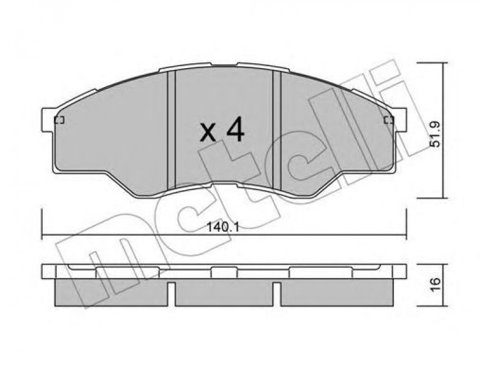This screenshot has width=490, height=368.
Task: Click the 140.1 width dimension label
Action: tap(223, 227)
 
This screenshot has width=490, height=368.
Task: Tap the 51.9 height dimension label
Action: tap(435, 134)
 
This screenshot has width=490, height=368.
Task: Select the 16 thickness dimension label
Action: tap(435, 284)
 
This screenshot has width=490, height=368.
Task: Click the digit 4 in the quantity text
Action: tap(235, 129)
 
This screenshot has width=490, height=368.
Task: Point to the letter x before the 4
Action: tap(208, 132)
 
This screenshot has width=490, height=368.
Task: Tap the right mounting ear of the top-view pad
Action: tap(400, 120)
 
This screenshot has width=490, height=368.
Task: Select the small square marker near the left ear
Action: tap(59, 120)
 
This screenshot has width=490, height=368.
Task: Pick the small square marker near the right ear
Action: tap(389, 120)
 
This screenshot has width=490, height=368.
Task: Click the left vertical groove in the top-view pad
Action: tap(172, 130)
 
